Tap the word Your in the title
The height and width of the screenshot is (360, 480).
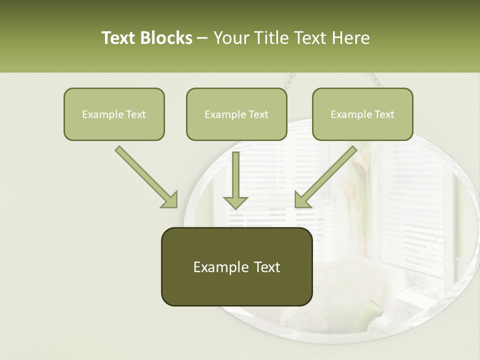pos(231,38)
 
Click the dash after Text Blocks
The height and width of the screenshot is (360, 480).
pos(202,38)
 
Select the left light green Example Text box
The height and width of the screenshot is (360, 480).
pos(114,114)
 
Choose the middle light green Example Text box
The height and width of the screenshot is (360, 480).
pos(236,114)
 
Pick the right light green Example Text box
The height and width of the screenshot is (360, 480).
pos(362,114)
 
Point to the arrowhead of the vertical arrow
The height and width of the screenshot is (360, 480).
pos(235,202)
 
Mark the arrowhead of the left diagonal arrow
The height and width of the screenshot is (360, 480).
pos(170,200)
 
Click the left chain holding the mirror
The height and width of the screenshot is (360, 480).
pos(291,79)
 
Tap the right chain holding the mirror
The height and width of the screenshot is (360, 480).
pos(376,79)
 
